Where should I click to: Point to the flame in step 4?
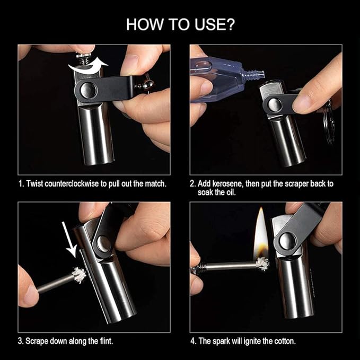coord(260,233)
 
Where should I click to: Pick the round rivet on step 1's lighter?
coord(85,89)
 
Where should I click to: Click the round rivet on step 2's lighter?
coord(274,104)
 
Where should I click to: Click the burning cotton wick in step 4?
coord(262,264)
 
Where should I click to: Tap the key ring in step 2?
coord(329,122)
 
